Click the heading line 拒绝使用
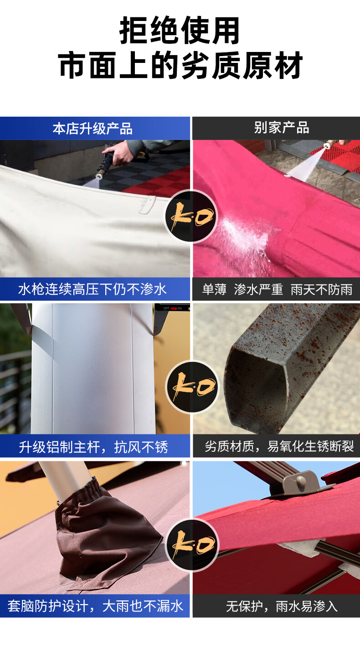[180, 31]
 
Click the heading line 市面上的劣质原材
[180, 66]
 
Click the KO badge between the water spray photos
[191, 216]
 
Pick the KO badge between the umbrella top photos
[192, 544]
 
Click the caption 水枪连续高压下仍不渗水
[93, 289]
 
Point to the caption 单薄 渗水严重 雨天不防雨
[277, 289]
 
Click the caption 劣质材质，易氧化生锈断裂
[279, 446]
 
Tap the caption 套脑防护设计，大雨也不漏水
[95, 605]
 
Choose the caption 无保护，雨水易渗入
[282, 606]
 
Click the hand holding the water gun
[118, 154]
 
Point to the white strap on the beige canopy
[147, 205]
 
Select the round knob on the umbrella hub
[301, 480]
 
